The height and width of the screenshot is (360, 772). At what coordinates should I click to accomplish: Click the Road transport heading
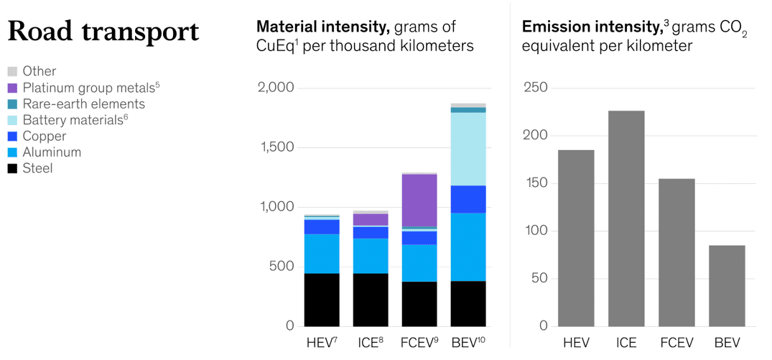click(x=103, y=32)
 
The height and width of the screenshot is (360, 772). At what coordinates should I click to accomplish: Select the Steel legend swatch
click(x=12, y=169)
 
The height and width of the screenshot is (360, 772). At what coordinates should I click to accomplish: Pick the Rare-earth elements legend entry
click(x=83, y=104)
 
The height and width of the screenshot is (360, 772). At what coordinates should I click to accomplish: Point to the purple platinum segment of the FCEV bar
click(x=419, y=200)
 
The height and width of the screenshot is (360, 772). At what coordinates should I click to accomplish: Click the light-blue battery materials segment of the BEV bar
click(x=468, y=149)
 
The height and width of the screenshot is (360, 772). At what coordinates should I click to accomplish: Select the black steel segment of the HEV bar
click(x=322, y=300)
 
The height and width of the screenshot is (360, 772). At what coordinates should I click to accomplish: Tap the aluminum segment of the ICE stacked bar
click(x=371, y=256)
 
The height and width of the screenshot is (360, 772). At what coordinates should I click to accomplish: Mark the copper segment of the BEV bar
click(x=468, y=199)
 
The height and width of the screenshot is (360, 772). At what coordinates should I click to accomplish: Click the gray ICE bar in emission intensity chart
click(x=626, y=218)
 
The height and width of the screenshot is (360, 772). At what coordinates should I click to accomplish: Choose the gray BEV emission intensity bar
click(x=727, y=285)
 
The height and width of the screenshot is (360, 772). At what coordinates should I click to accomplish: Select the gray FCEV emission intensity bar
click(x=677, y=252)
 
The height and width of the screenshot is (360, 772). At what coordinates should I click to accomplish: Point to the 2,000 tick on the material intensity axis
click(x=276, y=88)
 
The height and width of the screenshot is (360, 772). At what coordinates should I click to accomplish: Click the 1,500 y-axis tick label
click(x=276, y=147)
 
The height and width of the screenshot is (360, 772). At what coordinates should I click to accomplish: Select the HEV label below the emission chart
click(x=577, y=343)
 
